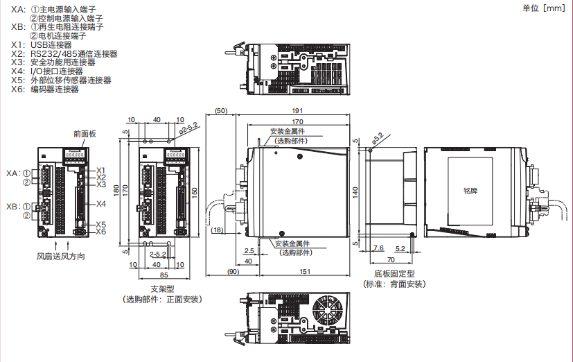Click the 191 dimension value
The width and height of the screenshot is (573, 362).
pyautogui.click(x=297, y=112)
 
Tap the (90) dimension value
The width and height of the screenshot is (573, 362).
pyautogui.click(x=233, y=271)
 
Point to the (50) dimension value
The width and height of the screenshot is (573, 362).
pyautogui.click(x=221, y=111)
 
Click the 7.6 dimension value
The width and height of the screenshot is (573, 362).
pyautogui.click(x=378, y=248)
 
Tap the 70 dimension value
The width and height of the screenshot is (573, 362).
pyautogui.click(x=391, y=259)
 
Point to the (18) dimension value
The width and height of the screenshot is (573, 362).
pyautogui.click(x=217, y=230)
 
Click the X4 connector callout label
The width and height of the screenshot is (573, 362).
pyautogui.click(x=100, y=204)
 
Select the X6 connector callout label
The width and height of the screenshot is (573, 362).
pyautogui.click(x=100, y=232)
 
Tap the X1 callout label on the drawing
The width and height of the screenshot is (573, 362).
pyautogui.click(x=100, y=170)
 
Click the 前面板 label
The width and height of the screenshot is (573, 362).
pyautogui.click(x=84, y=133)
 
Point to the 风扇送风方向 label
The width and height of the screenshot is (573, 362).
pyautogui.click(x=61, y=257)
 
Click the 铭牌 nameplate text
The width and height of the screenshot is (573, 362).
pyautogui.click(x=470, y=189)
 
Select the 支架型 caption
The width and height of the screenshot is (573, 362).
pyautogui.click(x=161, y=288)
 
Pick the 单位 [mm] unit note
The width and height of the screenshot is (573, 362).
pyautogui.click(x=543, y=8)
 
